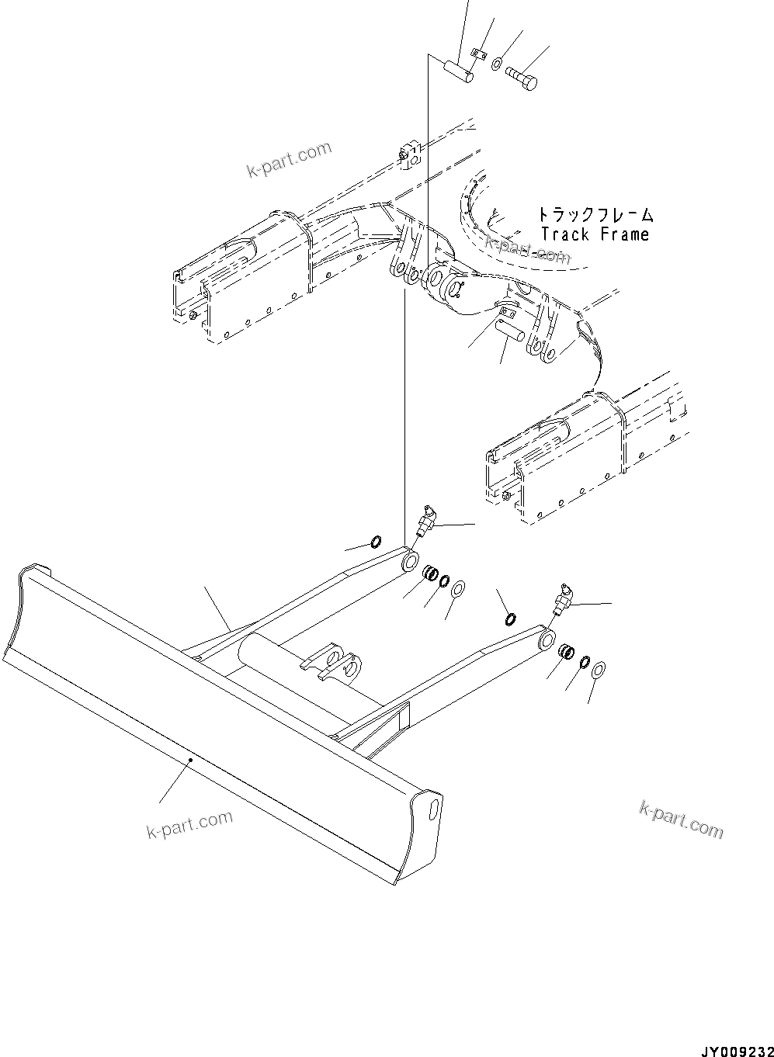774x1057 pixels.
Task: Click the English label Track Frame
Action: (x=595, y=234)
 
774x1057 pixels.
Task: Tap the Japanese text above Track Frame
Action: (x=595, y=214)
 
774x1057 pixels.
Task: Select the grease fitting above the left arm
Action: (x=425, y=518)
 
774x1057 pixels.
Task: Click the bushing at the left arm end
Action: (x=429, y=574)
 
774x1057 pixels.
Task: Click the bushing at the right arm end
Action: (x=568, y=653)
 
